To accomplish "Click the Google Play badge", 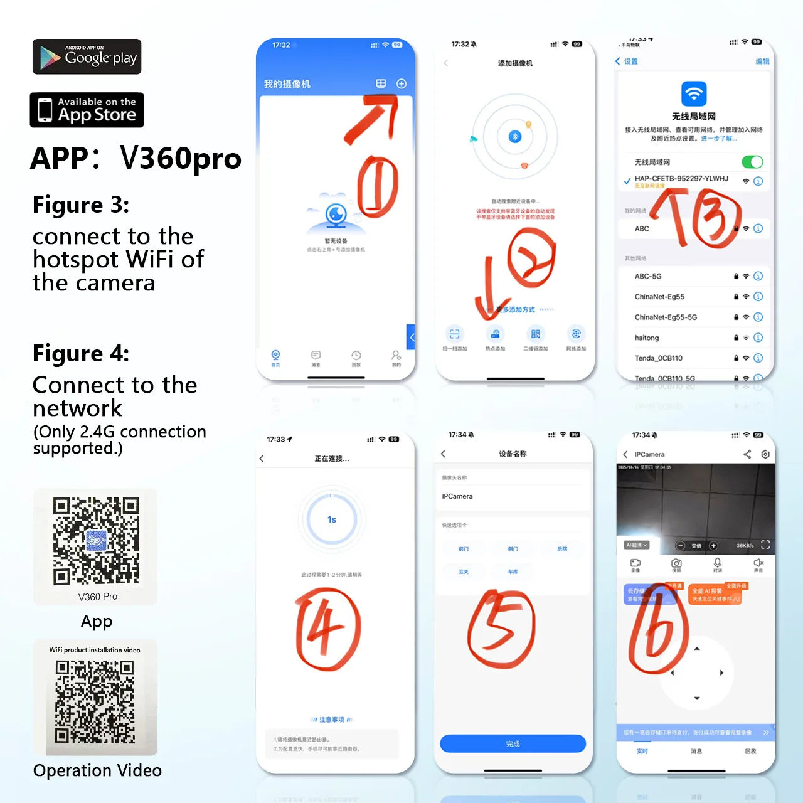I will pyautogui.click(x=87, y=57).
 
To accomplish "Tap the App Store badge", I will pyautogui.click(x=87, y=110).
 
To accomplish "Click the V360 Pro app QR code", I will pyautogui.click(x=95, y=541).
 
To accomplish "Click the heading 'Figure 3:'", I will pyautogui.click(x=81, y=205).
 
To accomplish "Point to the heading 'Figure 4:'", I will pyautogui.click(x=81, y=354).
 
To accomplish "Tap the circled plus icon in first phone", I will pyautogui.click(x=401, y=83).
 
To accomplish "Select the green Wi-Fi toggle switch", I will pyautogui.click(x=752, y=162).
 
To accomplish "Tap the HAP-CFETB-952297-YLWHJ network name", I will pyautogui.click(x=681, y=179).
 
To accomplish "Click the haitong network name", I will pyautogui.click(x=647, y=338).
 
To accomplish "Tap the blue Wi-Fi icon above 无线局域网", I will pyautogui.click(x=694, y=94).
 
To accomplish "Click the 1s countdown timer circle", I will pyautogui.click(x=332, y=519).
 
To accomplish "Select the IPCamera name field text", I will pyautogui.click(x=457, y=496).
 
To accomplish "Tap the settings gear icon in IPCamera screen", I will pyautogui.click(x=765, y=454).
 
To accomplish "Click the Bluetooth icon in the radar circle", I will pyautogui.click(x=515, y=137).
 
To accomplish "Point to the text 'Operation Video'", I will pyautogui.click(x=97, y=770).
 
